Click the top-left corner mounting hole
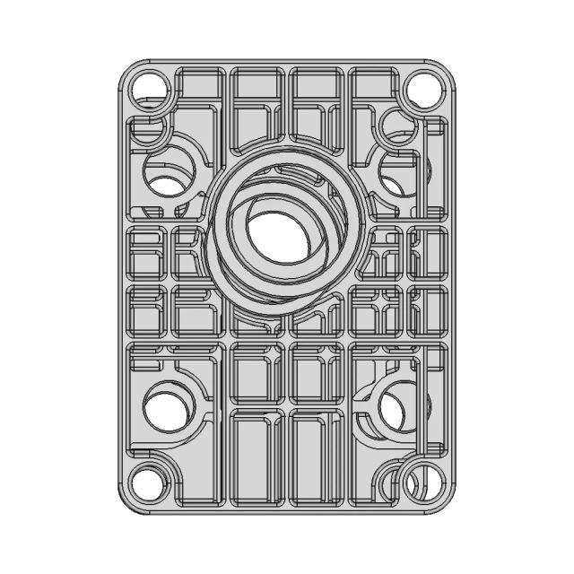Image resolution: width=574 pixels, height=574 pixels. coord(149,90)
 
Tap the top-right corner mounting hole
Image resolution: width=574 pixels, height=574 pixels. coord(423,90)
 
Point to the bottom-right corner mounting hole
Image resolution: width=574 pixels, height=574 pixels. coord(420,483)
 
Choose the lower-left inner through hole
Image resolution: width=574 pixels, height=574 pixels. coord(165,410)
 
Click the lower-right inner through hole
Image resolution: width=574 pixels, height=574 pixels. coord(395,409)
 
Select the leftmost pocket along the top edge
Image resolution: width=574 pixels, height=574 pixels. coord(199,95)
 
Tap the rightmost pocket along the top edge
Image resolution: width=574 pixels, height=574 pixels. coord(373,95)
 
